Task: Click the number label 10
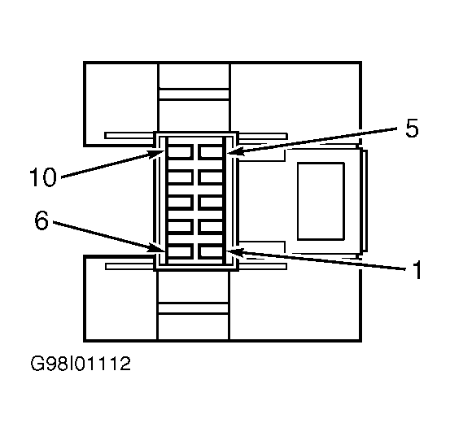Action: (x=42, y=176)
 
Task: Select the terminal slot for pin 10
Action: (x=180, y=151)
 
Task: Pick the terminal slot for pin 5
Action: (x=210, y=151)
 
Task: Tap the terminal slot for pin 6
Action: (x=180, y=252)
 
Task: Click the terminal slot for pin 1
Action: (x=210, y=252)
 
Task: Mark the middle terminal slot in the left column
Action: (x=180, y=202)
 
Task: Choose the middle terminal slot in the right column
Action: (x=210, y=202)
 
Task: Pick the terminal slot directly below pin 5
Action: (x=210, y=177)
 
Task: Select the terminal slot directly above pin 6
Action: (x=180, y=227)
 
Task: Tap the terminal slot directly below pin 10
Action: (x=180, y=177)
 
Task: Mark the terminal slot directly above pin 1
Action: (x=210, y=227)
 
